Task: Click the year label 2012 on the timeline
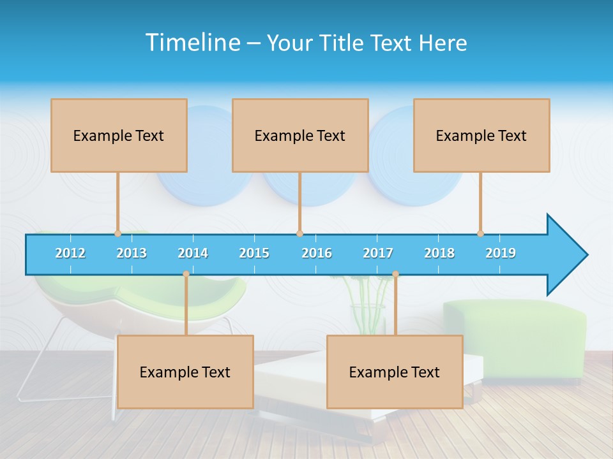click(70, 253)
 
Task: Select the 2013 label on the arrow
click(132, 253)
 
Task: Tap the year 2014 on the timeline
click(193, 253)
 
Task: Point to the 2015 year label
click(254, 253)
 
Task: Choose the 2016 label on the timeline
click(317, 253)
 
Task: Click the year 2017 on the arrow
click(378, 253)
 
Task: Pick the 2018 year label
click(439, 253)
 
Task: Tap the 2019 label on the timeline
click(501, 253)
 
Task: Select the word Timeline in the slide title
click(192, 43)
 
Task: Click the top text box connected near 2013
click(119, 135)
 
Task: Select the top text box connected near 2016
click(300, 135)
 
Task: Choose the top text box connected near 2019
click(481, 135)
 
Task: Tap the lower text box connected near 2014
click(185, 372)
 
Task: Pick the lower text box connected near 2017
click(395, 372)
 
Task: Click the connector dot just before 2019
click(481, 233)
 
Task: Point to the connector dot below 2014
click(186, 274)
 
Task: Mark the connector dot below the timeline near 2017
click(395, 274)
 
